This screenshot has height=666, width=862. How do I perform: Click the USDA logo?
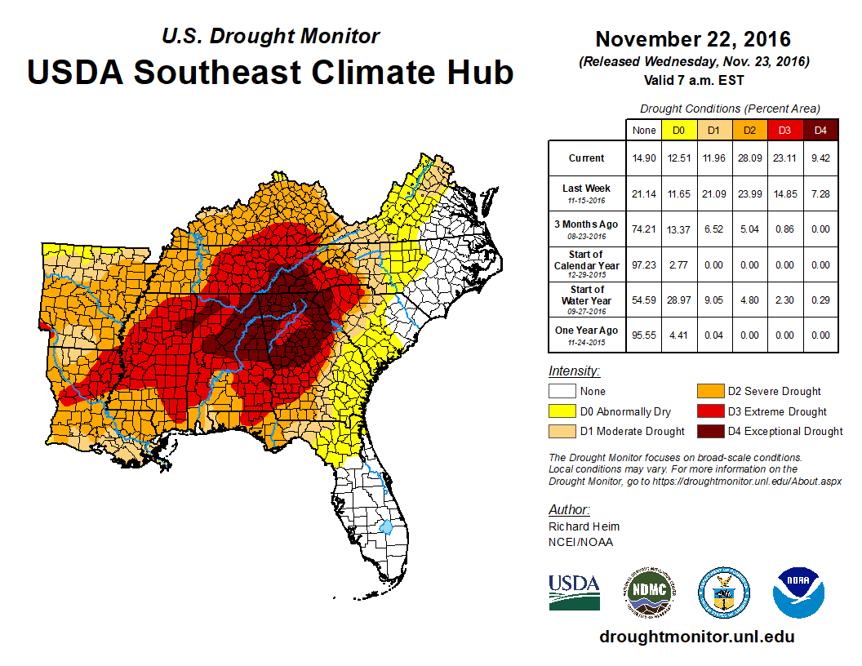[x=574, y=590]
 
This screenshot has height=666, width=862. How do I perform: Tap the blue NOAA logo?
[x=799, y=593]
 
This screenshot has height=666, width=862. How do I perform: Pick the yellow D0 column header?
[x=678, y=130]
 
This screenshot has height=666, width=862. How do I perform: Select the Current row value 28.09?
[x=749, y=158]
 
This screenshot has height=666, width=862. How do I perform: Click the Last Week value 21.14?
[x=643, y=193]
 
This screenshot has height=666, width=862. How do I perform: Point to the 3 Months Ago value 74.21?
[x=643, y=229]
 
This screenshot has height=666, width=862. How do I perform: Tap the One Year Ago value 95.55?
[x=643, y=335]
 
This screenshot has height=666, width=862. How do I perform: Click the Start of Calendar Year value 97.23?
[x=643, y=264]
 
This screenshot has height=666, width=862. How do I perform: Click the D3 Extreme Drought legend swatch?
[x=710, y=411]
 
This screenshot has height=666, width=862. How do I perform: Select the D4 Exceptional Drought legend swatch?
[x=710, y=431]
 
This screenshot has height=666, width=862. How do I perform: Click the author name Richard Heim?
[x=584, y=526]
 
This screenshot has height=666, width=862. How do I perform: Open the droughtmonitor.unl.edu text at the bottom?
[x=696, y=637]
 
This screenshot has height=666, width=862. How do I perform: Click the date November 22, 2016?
[x=693, y=39]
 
